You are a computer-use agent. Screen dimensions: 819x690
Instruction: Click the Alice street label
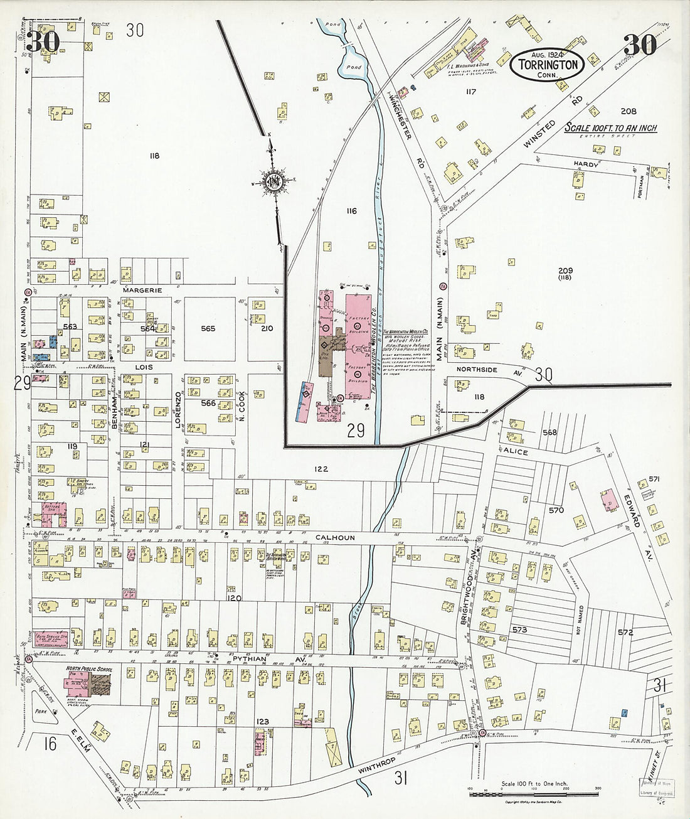(514, 451)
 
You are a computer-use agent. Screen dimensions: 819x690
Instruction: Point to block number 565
(208, 328)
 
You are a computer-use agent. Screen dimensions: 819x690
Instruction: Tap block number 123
(262, 722)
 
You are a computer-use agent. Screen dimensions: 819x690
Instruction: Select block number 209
(566, 271)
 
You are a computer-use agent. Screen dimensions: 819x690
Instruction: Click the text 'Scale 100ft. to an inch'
(610, 128)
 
